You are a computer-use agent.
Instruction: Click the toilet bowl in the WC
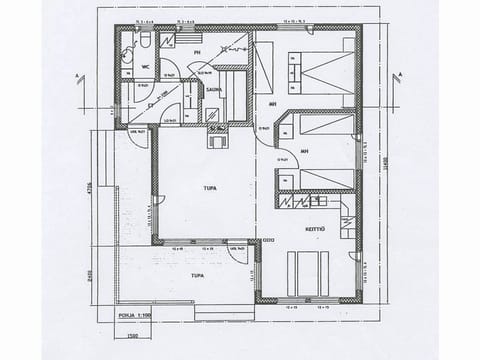(145, 41)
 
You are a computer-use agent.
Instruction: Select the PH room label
(198, 53)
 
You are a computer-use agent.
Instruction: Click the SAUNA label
(214, 88)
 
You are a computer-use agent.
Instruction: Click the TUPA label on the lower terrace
(198, 272)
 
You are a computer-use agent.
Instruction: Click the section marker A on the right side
(398, 74)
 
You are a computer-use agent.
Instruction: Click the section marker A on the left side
(78, 75)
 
